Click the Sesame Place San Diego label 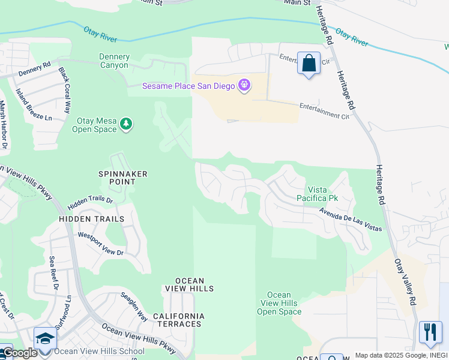[x=187, y=86]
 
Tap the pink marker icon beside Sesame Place [x=244, y=86]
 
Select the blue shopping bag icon [x=309, y=64]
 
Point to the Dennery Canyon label [x=113, y=61]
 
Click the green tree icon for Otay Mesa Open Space [x=126, y=124]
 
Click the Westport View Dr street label [x=100, y=244]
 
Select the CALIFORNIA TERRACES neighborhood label [x=178, y=320]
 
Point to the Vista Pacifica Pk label [x=318, y=193]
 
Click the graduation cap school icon [x=45, y=338]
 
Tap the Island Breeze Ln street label [x=35, y=103]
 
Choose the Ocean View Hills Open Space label [x=279, y=303]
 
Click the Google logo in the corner [x=19, y=353]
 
